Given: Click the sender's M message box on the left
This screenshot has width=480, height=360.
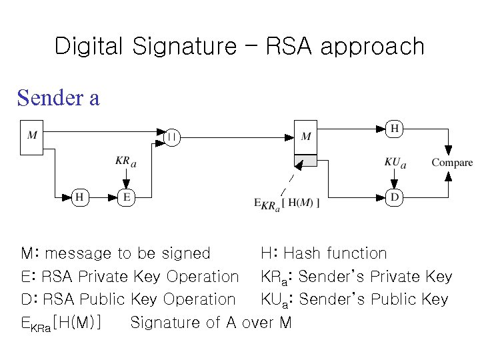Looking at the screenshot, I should pos(32,137).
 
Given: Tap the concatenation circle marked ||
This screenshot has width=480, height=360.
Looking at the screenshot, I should pos(172,137).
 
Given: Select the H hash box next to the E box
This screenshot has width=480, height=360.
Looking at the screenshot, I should pos(79,197).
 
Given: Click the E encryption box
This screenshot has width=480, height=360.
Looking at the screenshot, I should pos(125,197).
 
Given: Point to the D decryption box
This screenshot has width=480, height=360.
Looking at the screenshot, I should pos(395,197).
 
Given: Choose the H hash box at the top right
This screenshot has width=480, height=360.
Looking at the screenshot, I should pos(395,128).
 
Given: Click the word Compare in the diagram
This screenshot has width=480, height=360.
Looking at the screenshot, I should pos(452,163).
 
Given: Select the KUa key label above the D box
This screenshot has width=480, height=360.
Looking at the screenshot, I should pos(395,161).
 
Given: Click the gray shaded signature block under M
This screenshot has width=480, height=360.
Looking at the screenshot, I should pos(306,160).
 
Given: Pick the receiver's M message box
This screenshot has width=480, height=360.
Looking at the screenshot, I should pos(306,137).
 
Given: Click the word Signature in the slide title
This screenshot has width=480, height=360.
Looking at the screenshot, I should pos(183,47).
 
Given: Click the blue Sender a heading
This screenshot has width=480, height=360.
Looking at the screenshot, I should pos(59,98).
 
